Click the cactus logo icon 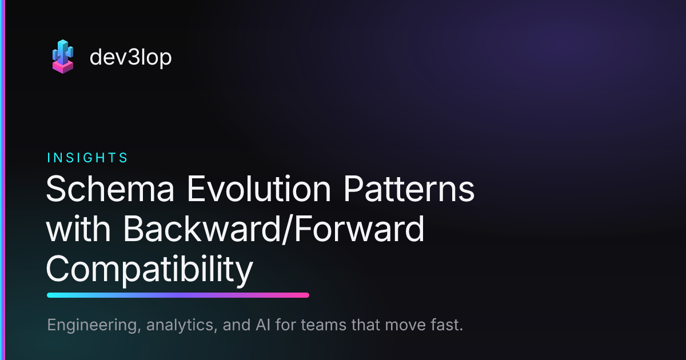pyautogui.click(x=63, y=57)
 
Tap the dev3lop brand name pyautogui.click(x=131, y=57)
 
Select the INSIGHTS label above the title pyautogui.click(x=87, y=158)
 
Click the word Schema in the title pyautogui.click(x=110, y=189)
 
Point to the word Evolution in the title pyautogui.click(x=259, y=189)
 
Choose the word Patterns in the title pyautogui.click(x=409, y=189)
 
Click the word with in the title pyautogui.click(x=78, y=229)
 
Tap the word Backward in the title pyautogui.click(x=202, y=229)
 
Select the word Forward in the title pyautogui.click(x=360, y=229)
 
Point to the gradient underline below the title pyautogui.click(x=178, y=295)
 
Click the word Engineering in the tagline pyautogui.click(x=94, y=325)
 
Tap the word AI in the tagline pyautogui.click(x=263, y=325)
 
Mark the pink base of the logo pyautogui.click(x=63, y=67)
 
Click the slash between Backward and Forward pyautogui.click(x=288, y=230)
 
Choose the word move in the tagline pyautogui.click(x=405, y=325)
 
